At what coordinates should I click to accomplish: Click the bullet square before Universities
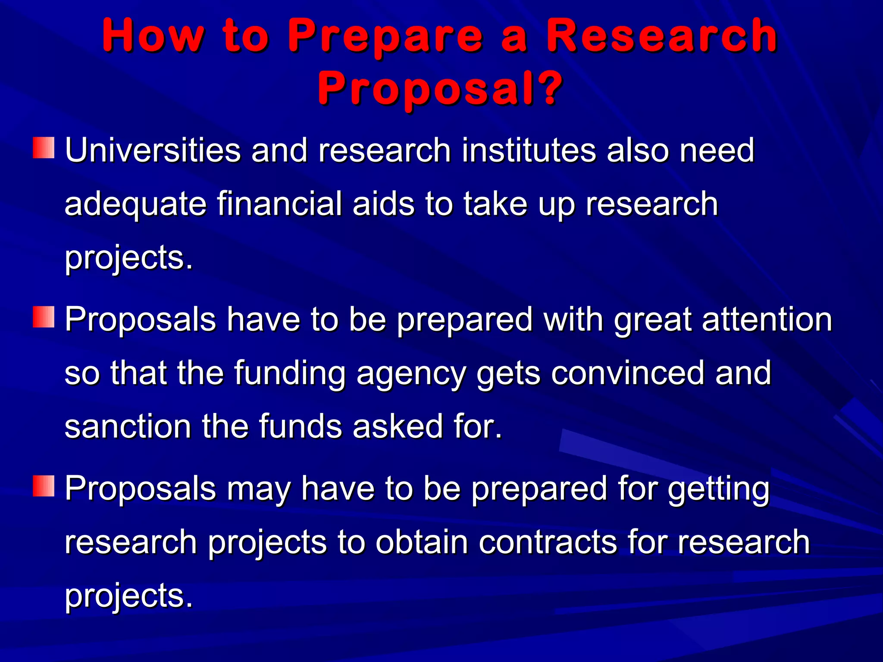[x=44, y=148]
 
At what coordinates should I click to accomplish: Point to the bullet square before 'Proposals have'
[x=44, y=317]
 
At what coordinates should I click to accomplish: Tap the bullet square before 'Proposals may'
[x=44, y=486]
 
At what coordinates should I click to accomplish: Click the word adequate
[x=135, y=204]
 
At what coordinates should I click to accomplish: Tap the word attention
[x=767, y=320]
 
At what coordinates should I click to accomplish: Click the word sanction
[x=128, y=427]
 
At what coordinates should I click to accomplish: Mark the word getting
[x=719, y=490]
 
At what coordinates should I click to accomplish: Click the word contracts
[x=548, y=542]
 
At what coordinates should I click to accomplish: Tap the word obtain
[x=422, y=542]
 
